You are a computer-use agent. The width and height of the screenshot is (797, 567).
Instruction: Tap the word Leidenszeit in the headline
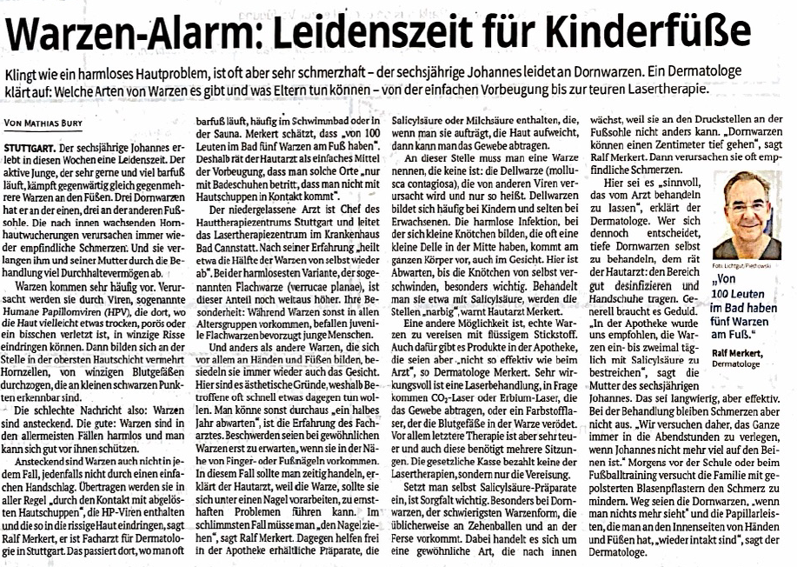coord(382,35)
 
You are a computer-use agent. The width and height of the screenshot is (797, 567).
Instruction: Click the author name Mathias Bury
coord(65,123)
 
